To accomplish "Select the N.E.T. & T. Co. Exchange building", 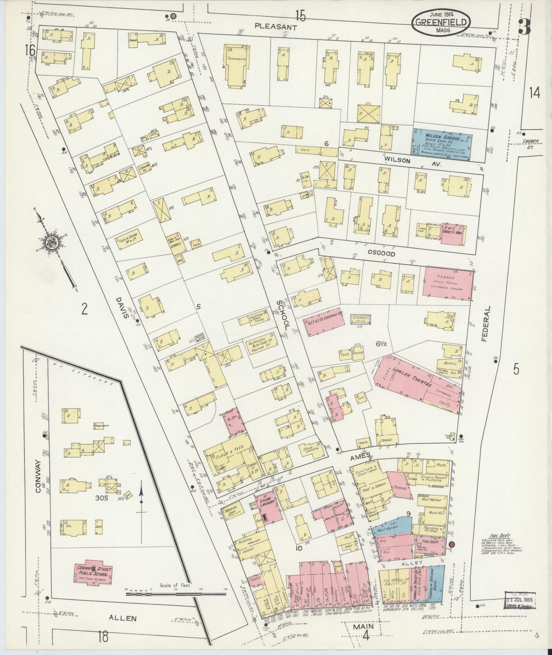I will tap(324, 323).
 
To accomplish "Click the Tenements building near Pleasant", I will tap(236, 65).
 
